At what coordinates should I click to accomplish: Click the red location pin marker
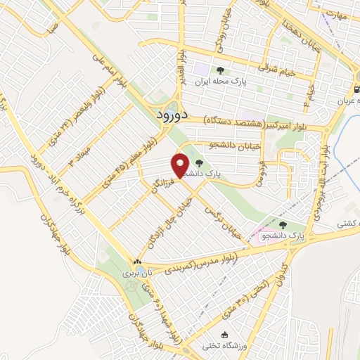181,165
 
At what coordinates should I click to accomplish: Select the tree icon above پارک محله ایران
221,70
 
